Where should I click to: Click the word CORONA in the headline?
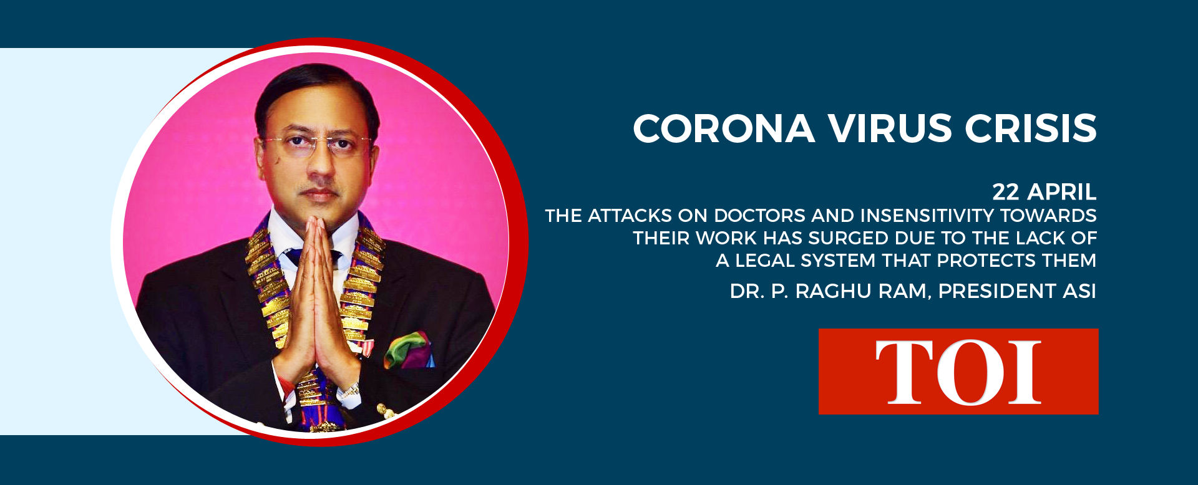[x=724, y=128]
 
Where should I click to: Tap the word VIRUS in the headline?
[x=890, y=128]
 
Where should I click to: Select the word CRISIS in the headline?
[x=1031, y=128]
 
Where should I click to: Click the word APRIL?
[x=1062, y=192]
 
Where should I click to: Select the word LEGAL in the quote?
[x=764, y=261]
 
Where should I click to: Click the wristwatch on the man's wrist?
[x=349, y=391]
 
